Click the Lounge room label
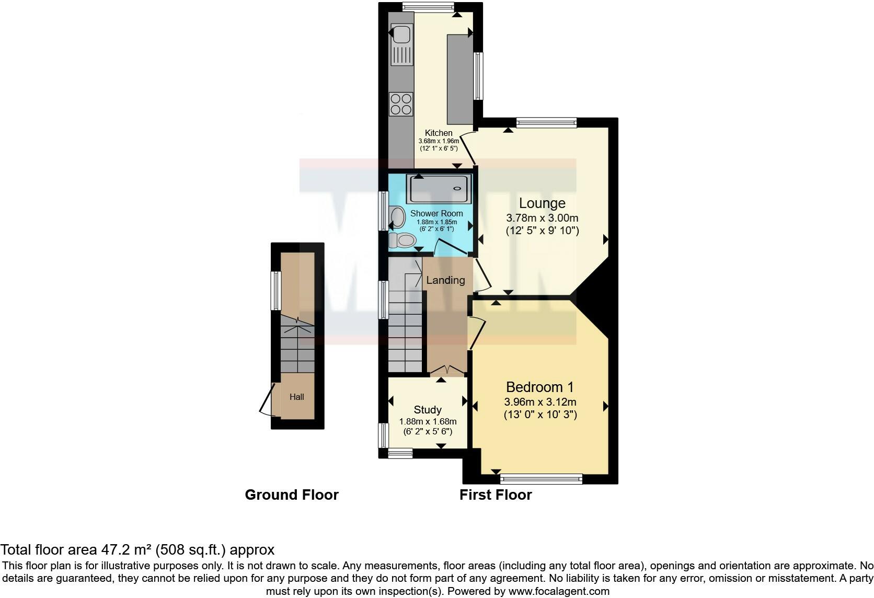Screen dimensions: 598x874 542,203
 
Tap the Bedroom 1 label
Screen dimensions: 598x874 539,387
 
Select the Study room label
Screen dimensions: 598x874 428,410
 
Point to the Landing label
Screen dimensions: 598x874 445,280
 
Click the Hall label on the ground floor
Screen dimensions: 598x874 297,397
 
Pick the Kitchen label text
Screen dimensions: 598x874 439,133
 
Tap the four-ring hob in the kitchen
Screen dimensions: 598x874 401,103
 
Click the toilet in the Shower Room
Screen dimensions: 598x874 402,240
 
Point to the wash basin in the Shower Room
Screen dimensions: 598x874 397,217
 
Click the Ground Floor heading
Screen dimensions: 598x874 292,494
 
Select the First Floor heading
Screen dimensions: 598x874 496,494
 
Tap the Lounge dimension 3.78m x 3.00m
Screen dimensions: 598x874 542,218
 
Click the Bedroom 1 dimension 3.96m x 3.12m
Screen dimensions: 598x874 540,402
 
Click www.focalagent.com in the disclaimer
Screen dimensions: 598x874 559,591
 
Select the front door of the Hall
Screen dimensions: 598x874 268,400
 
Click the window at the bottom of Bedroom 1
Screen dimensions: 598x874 541,478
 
